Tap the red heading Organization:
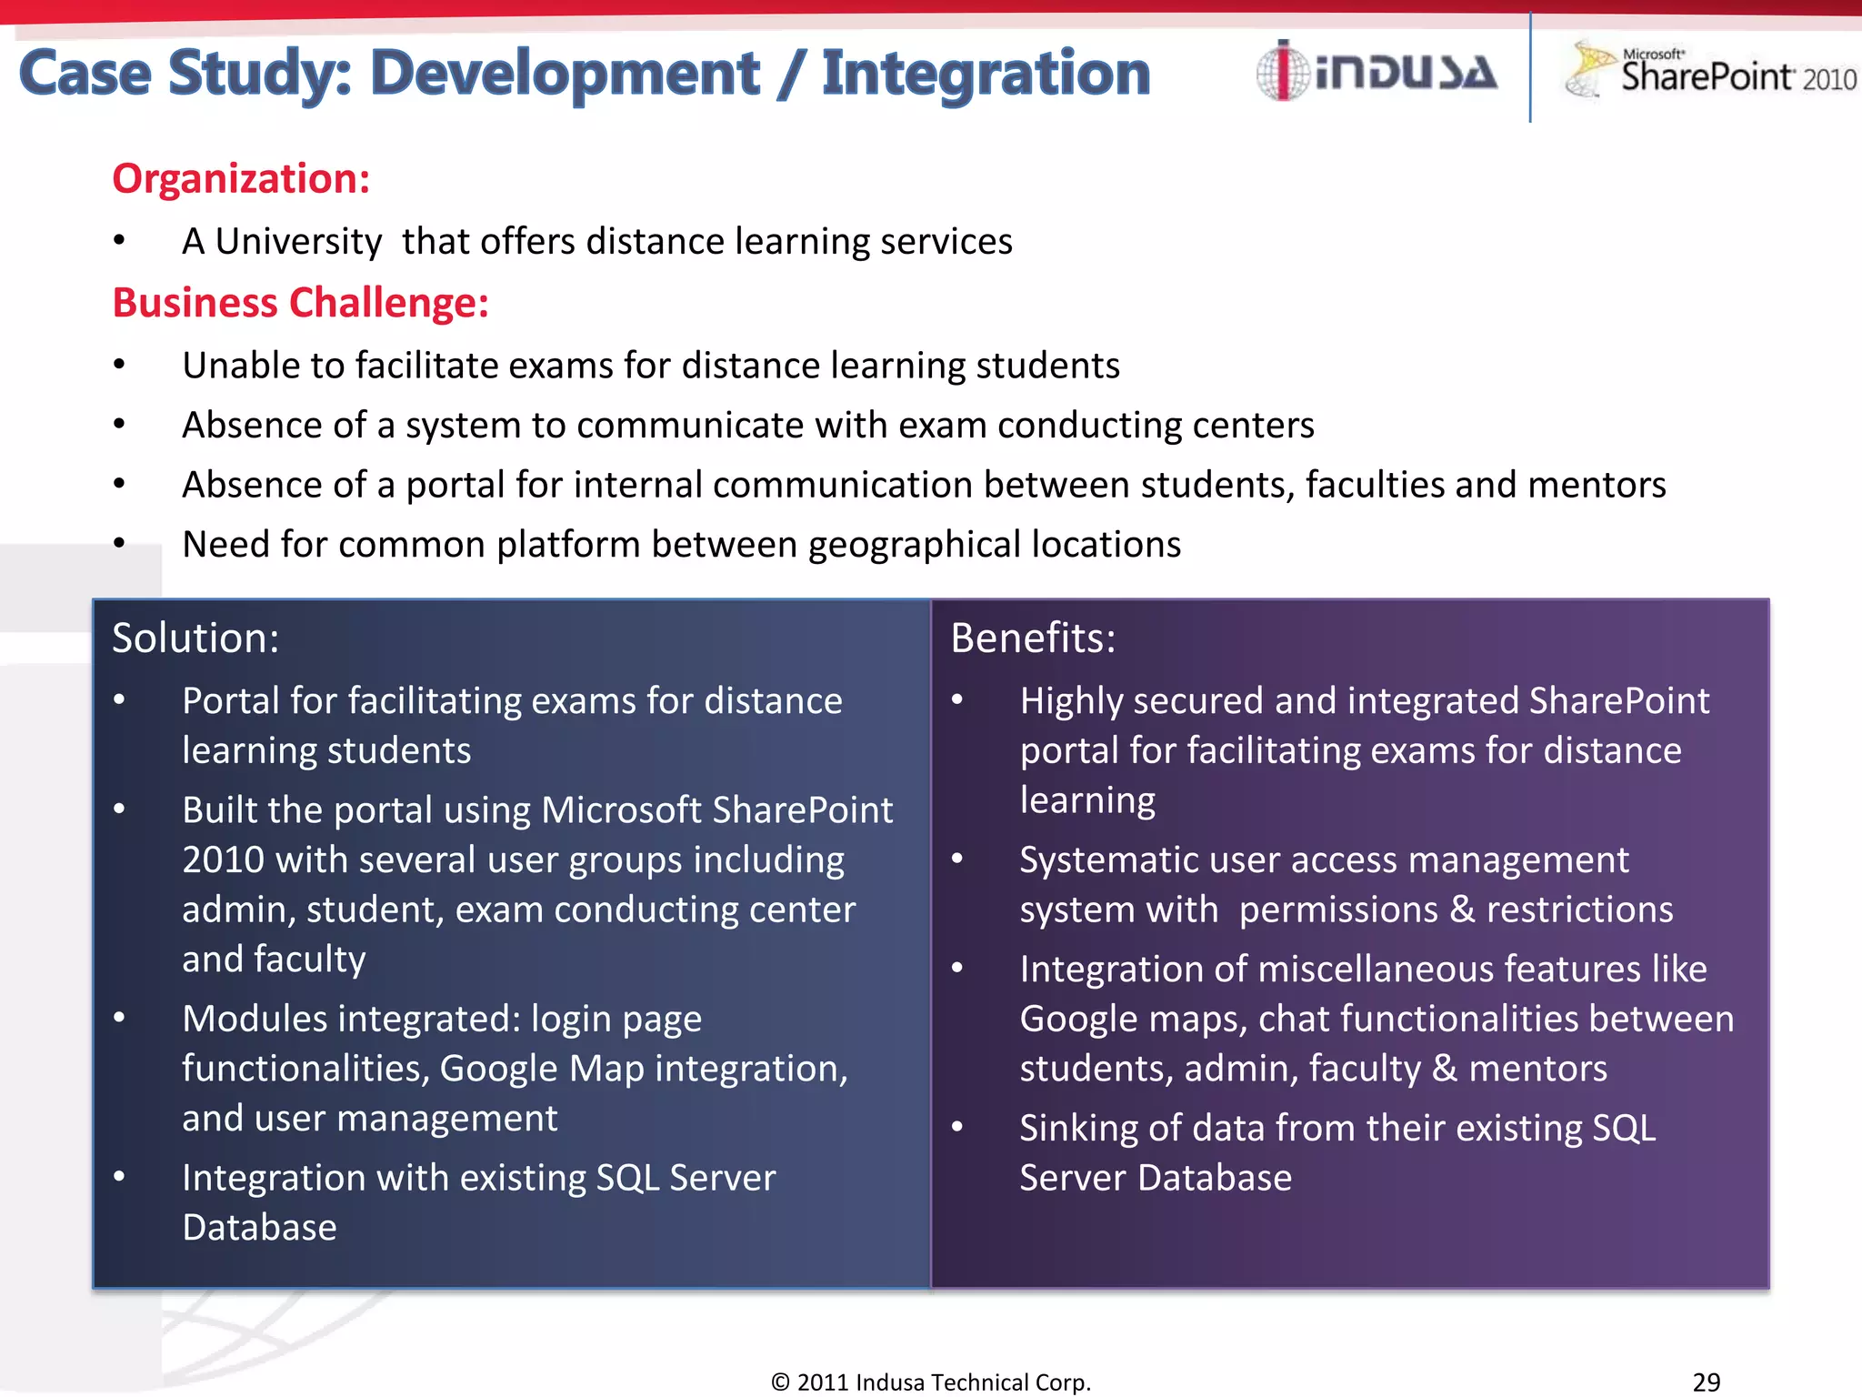241,178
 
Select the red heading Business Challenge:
300,303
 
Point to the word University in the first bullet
298,242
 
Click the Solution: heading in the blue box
195,638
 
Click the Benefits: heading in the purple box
1033,638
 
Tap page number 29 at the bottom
1706,1382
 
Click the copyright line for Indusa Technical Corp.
930,1382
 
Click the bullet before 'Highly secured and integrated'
957,700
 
